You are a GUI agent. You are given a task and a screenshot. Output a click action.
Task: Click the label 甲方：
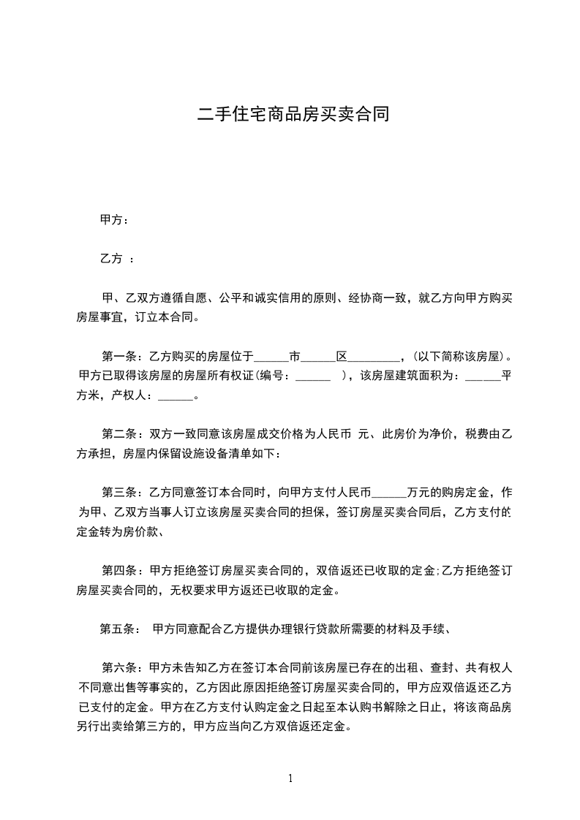point(114,220)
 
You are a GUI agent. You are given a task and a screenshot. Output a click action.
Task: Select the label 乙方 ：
point(116,259)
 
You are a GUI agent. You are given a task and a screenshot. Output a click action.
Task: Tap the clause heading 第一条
point(119,357)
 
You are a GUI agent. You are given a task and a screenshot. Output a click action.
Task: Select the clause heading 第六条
point(119,667)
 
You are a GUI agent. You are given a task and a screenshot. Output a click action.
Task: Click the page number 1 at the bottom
point(290,778)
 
